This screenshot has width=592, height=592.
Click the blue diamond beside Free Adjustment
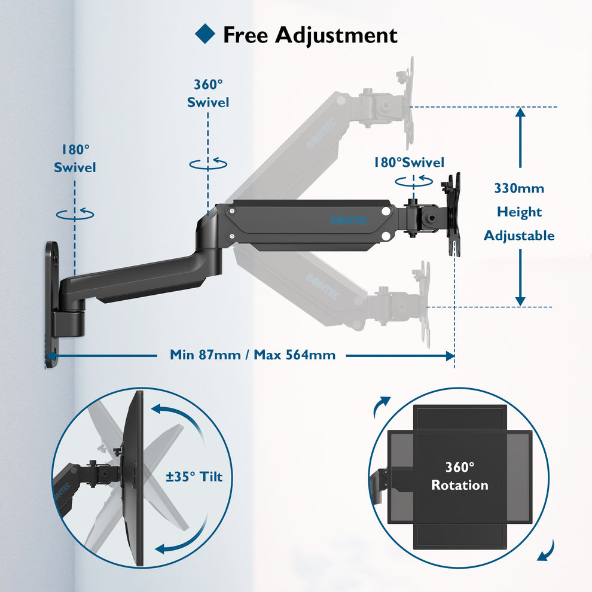click(205, 33)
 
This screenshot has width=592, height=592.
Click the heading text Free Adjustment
click(310, 35)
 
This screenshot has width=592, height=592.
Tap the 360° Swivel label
click(208, 94)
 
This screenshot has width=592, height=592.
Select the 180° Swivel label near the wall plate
click(75, 158)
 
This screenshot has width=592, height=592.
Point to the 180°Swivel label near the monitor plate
click(409, 163)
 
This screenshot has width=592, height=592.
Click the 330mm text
click(519, 188)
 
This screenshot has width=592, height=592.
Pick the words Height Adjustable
click(519, 224)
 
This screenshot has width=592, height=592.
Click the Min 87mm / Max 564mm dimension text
click(252, 355)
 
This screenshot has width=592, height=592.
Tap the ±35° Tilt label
click(194, 477)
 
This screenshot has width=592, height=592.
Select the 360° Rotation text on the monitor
click(459, 476)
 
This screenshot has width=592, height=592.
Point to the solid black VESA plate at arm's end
click(454, 214)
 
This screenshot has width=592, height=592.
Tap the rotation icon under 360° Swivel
click(208, 163)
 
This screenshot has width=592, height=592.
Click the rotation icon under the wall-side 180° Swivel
click(75, 213)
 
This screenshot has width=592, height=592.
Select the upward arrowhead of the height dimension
click(520, 114)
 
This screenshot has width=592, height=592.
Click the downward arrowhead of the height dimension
click(520, 300)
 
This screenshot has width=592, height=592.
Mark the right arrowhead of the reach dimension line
click(450, 356)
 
